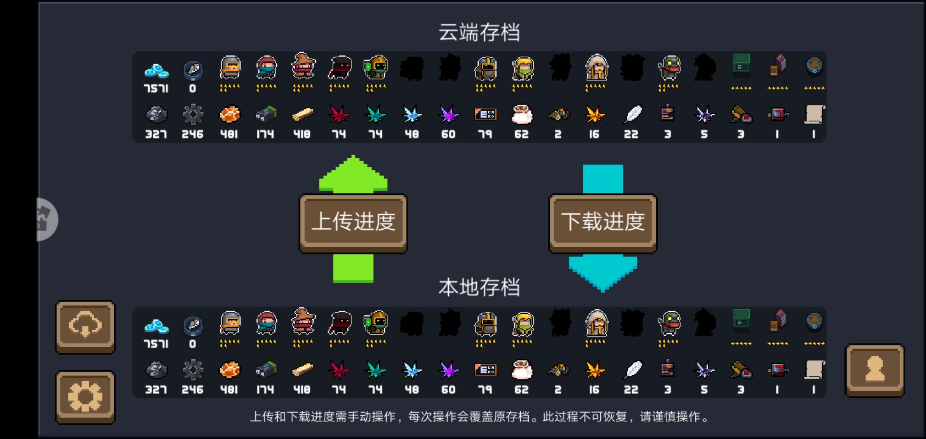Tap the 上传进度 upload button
pos(353,223)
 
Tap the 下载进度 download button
pos(603,223)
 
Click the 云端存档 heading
pos(479,32)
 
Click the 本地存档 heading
pos(479,287)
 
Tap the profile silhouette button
pos(874,370)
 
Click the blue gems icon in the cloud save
pos(156,71)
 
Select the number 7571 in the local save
pos(156,344)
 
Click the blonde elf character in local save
pos(523,324)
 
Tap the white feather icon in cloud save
pos(632,114)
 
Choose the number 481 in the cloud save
pos(229,134)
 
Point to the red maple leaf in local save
pos(339,370)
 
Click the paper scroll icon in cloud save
pos(814,114)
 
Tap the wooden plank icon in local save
pos(303,370)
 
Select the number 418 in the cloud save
pos(302,134)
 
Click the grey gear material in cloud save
pos(193,114)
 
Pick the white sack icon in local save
pos(522,370)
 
